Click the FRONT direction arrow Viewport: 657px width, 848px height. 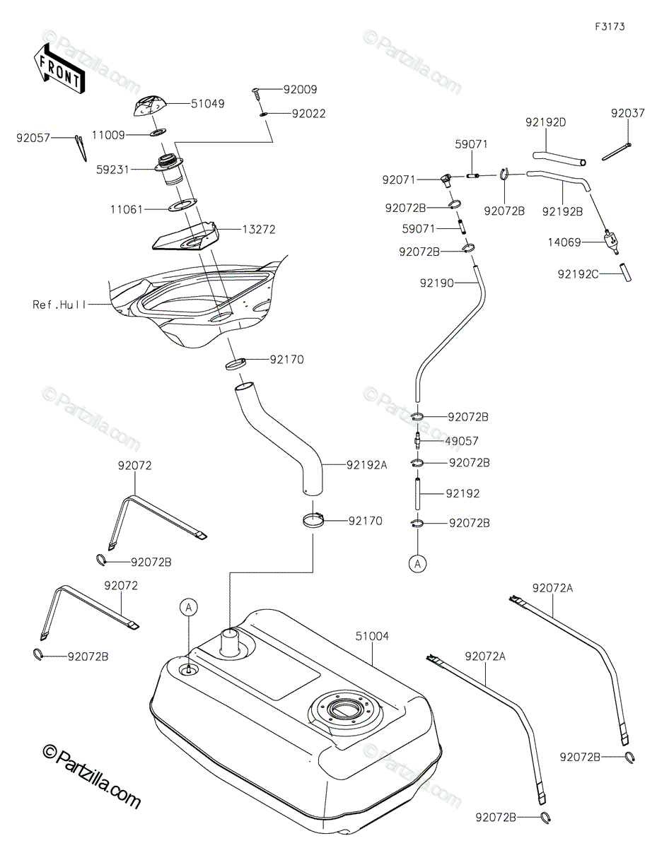tap(59, 69)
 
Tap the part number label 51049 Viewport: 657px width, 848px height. tap(208, 104)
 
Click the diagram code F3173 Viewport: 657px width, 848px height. tap(610, 27)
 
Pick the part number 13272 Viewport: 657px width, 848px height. tap(258, 230)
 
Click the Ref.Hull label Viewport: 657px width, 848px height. tap(59, 305)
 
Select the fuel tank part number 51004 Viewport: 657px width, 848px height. tap(371, 637)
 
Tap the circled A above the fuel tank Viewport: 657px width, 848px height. tap(189, 608)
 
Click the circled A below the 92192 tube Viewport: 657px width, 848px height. tap(418, 564)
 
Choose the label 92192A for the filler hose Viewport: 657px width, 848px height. tap(366, 465)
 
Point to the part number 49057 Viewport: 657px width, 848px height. tap(461, 442)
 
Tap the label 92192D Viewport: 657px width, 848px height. tap(545, 122)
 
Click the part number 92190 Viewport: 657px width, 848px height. tap(437, 283)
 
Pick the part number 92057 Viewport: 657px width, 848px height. tap(33, 138)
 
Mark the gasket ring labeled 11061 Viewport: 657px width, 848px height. tap(182, 205)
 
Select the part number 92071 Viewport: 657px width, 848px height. tap(399, 180)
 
